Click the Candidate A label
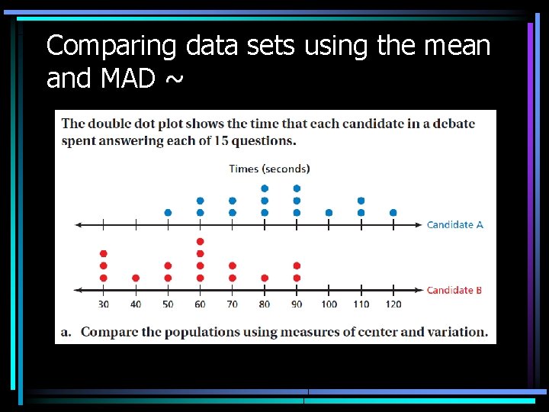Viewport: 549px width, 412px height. (454, 225)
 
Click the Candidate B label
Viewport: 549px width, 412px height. (454, 290)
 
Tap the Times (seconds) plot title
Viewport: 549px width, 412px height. (269, 169)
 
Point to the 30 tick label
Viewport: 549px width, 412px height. (103, 304)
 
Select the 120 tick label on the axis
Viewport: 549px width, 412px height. (393, 304)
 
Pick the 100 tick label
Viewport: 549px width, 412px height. (329, 304)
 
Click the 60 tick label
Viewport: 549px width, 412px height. (200, 304)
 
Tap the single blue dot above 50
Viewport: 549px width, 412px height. (168, 213)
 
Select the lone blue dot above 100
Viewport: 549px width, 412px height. (329, 213)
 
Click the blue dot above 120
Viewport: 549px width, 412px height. (393, 213)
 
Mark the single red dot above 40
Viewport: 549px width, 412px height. (136, 278)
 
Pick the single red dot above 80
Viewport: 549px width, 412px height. (265, 278)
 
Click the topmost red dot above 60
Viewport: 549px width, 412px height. (200, 241)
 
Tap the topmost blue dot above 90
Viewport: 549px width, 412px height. (297, 188)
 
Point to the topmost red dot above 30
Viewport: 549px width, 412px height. (103, 253)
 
